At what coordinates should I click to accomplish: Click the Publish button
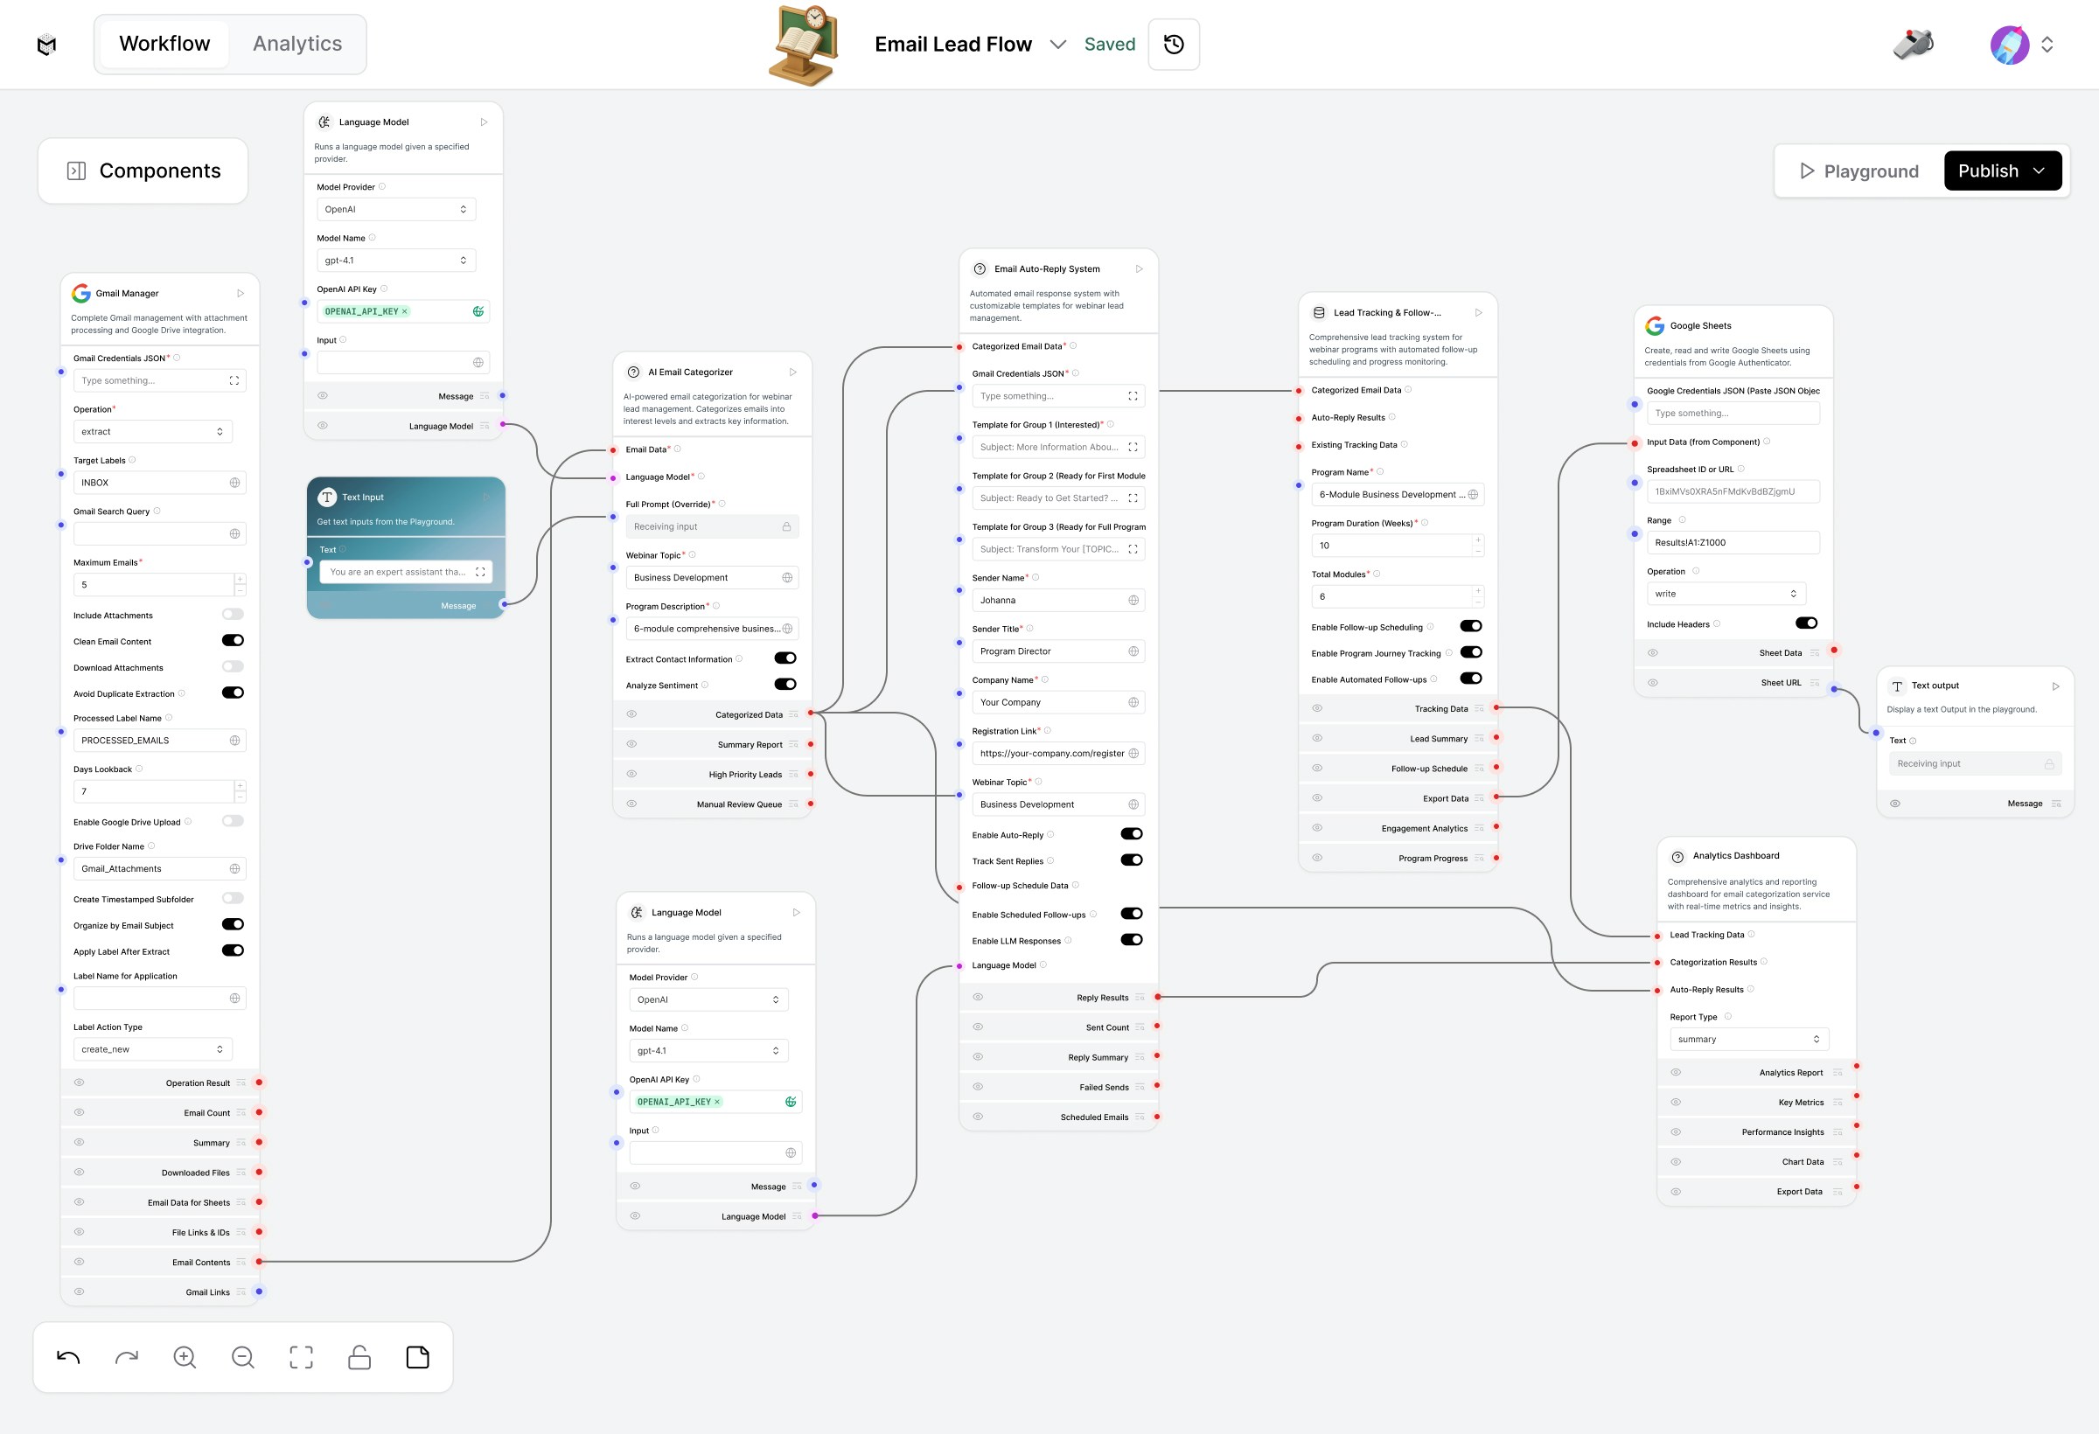[2001, 171]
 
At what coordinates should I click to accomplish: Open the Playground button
[1858, 171]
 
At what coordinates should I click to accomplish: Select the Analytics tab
[297, 44]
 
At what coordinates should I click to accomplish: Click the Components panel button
[143, 171]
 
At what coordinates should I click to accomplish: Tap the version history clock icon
[1173, 45]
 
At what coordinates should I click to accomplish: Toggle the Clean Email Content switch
[233, 641]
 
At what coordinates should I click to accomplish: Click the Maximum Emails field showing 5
[154, 585]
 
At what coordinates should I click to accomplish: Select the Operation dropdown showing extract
[151, 432]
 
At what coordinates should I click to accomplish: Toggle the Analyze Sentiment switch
[785, 685]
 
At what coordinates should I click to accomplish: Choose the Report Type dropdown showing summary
[1748, 1040]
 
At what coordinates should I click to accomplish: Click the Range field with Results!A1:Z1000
[1732, 543]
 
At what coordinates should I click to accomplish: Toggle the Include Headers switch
[1806, 623]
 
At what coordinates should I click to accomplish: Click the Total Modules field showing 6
[1391, 597]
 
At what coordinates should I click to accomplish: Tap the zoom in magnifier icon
[185, 1357]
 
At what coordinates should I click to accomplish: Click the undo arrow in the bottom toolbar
[67, 1357]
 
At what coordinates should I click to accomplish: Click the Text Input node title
[363, 498]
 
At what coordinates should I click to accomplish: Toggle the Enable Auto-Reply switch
[1131, 834]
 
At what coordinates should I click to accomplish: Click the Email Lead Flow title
[953, 45]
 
